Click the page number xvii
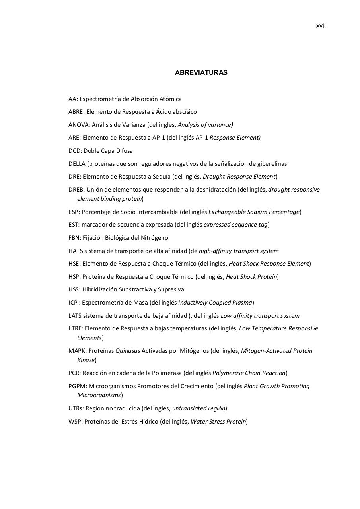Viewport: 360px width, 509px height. pos(321,26)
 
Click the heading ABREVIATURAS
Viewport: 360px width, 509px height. pos(201,73)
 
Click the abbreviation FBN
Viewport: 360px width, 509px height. pos(74,238)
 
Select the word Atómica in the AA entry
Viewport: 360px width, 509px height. pos(170,99)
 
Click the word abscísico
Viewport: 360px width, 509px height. pos(184,112)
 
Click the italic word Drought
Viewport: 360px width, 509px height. pos(214,177)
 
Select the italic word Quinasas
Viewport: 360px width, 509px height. pos(128,351)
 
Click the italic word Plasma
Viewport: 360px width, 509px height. pos(242,303)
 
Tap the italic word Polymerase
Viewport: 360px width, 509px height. pos(228,373)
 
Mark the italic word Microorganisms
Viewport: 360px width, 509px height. pos(99,395)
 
